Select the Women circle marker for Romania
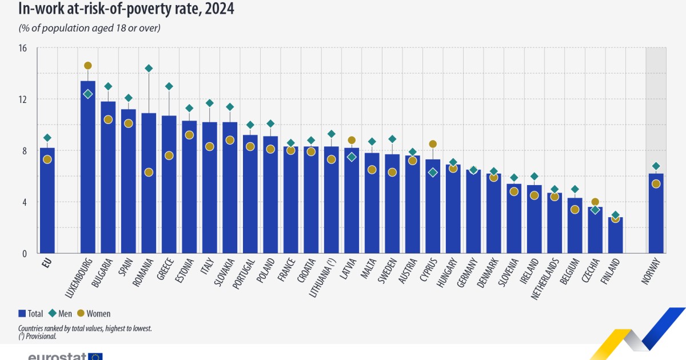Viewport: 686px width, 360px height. pyautogui.click(x=149, y=173)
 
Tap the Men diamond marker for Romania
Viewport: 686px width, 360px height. pyautogui.click(x=149, y=69)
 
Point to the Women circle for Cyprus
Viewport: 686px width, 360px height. pyautogui.click(x=433, y=144)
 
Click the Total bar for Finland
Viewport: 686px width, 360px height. pyautogui.click(x=615, y=235)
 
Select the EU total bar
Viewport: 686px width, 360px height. pyautogui.click(x=47, y=200)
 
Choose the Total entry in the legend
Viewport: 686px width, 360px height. pyautogui.click(x=32, y=313)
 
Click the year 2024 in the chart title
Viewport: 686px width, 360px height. pyautogui.click(x=217, y=9)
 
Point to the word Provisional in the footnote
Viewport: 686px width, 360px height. pyautogui.click(x=41, y=337)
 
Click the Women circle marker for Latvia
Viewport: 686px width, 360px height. pyautogui.click(x=352, y=140)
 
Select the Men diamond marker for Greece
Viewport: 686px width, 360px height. pyautogui.click(x=169, y=86)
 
